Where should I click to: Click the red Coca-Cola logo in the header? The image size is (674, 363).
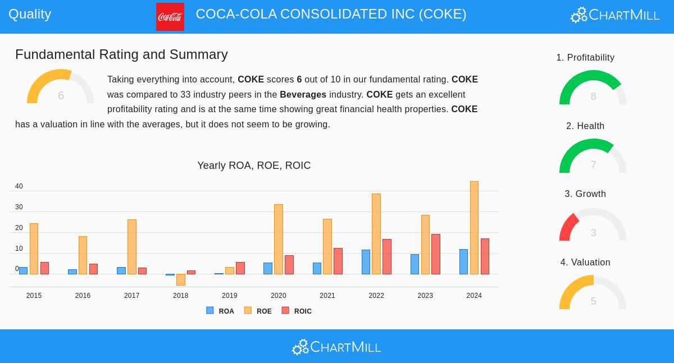170,17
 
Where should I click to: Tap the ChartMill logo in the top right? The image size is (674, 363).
615,15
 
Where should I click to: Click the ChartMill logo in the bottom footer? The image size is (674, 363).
336,347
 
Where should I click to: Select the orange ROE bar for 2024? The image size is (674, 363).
474,228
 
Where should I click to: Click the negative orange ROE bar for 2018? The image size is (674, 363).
180,279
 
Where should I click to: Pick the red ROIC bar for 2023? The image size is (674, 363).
436,254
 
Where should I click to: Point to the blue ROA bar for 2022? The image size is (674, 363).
366,262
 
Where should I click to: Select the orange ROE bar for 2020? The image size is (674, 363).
279,240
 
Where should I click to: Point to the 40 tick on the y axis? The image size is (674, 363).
19,186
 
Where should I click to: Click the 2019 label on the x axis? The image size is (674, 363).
229,296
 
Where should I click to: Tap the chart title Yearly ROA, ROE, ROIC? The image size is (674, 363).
254,166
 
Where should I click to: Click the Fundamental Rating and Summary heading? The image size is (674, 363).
121,54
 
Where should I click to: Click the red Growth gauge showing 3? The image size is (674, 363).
593,226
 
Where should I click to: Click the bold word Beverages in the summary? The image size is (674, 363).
303,94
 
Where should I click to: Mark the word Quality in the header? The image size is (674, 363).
30,14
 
